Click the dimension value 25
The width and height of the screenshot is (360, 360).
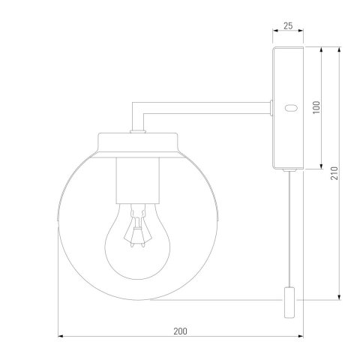[288, 25]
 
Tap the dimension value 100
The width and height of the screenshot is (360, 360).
[316, 107]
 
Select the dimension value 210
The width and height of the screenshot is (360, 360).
[334, 173]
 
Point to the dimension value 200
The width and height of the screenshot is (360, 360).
[180, 331]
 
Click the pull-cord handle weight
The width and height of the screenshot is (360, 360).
[289, 302]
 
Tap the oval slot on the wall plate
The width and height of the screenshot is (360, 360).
[291, 108]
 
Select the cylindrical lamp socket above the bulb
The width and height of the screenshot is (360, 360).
[137, 181]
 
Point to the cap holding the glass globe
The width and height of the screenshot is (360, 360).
[138, 145]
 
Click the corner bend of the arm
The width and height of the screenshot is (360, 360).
[137, 108]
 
